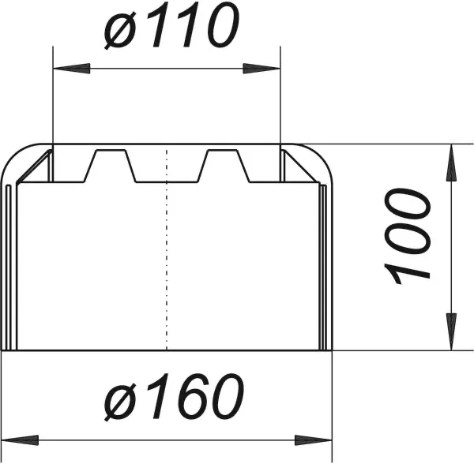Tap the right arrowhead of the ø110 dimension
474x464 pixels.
(x=269, y=69)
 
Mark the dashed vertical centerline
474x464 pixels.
(x=167, y=253)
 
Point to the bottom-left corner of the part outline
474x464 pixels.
(x=2, y=350)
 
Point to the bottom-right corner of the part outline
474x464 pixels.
(x=333, y=350)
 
